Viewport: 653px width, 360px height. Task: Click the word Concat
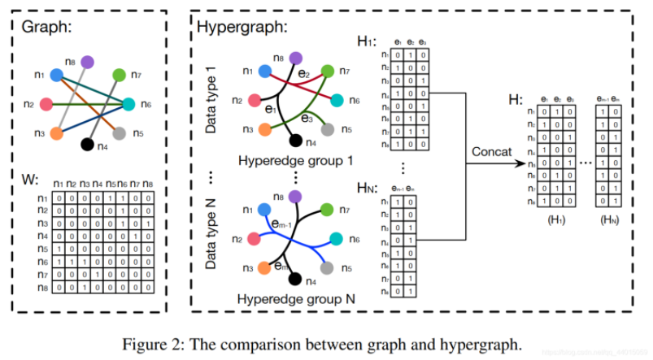(491, 152)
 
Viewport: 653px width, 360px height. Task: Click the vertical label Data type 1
(212, 102)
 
